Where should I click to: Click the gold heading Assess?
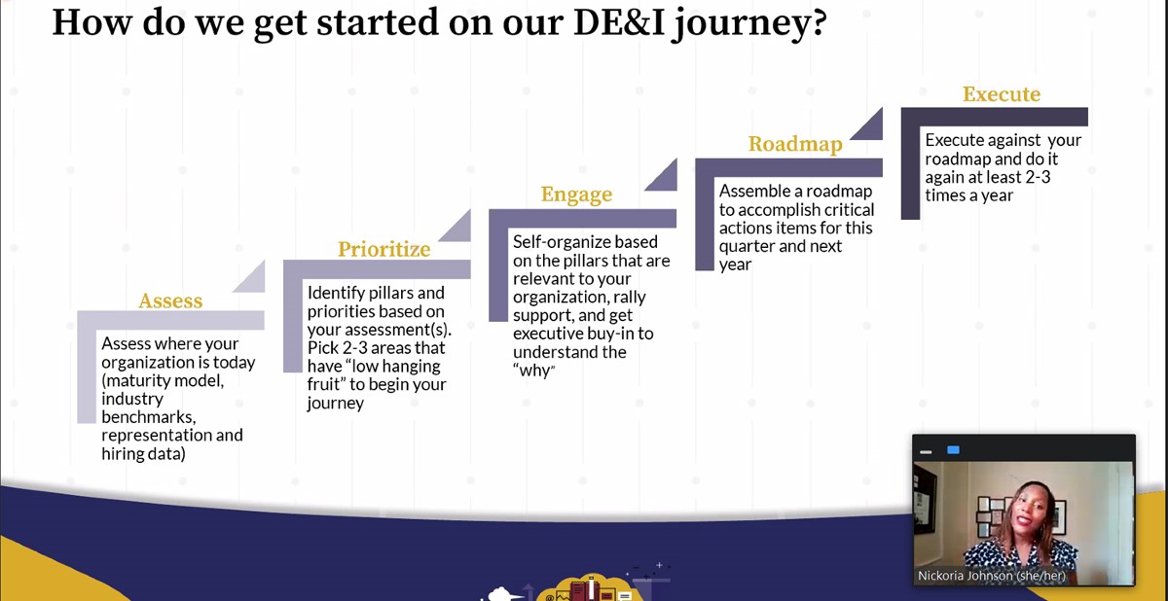170,301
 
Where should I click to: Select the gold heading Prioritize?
383,249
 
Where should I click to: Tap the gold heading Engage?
576,194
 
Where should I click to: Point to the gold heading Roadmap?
795,144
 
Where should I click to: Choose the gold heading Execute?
1002,94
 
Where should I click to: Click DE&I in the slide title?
619,22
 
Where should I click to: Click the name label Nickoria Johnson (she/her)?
991,576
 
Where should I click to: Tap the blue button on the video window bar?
953,450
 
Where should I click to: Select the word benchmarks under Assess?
149,417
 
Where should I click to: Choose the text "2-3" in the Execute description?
1038,177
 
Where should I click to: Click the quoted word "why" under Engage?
534,371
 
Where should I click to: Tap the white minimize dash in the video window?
926,452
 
